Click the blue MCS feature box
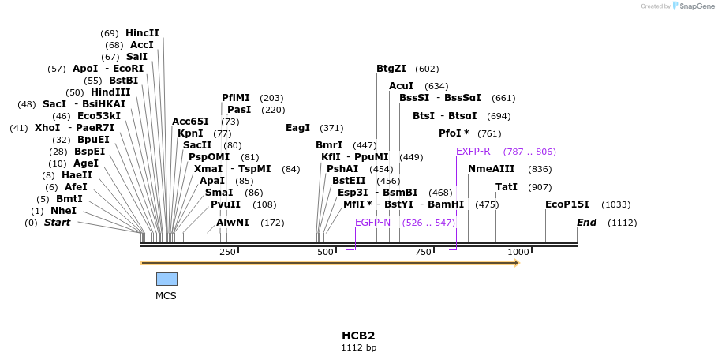166,279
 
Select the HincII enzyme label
142,33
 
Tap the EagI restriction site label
297,128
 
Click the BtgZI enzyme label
391,69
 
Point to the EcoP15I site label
567,204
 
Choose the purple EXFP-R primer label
473,152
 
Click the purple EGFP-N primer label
372,223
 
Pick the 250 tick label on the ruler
227,252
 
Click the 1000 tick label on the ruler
518,252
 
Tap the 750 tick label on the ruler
423,252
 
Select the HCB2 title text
358,336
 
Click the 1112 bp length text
358,347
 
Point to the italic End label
587,223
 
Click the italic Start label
57,223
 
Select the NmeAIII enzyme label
491,169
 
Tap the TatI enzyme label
507,187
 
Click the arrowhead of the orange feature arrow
517,263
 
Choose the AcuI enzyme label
402,86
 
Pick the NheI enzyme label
63,211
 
